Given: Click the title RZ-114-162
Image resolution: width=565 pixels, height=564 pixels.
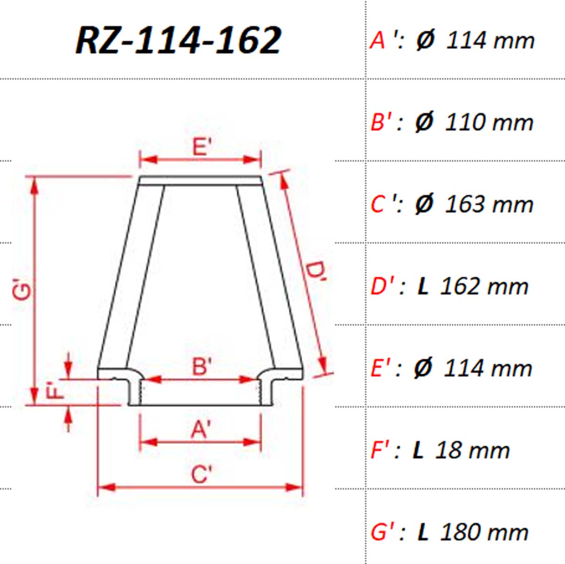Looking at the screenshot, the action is click(x=178, y=40).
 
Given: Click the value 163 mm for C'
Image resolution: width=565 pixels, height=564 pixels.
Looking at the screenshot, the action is click(x=489, y=204).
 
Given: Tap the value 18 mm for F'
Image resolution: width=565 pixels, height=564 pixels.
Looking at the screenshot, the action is click(x=472, y=451).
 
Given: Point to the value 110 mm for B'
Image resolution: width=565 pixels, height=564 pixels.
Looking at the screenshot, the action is click(x=489, y=123).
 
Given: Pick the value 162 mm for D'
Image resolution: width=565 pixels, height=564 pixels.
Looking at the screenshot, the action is click(x=484, y=286).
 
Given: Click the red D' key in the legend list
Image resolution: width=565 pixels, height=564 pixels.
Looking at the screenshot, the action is click(x=381, y=286).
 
